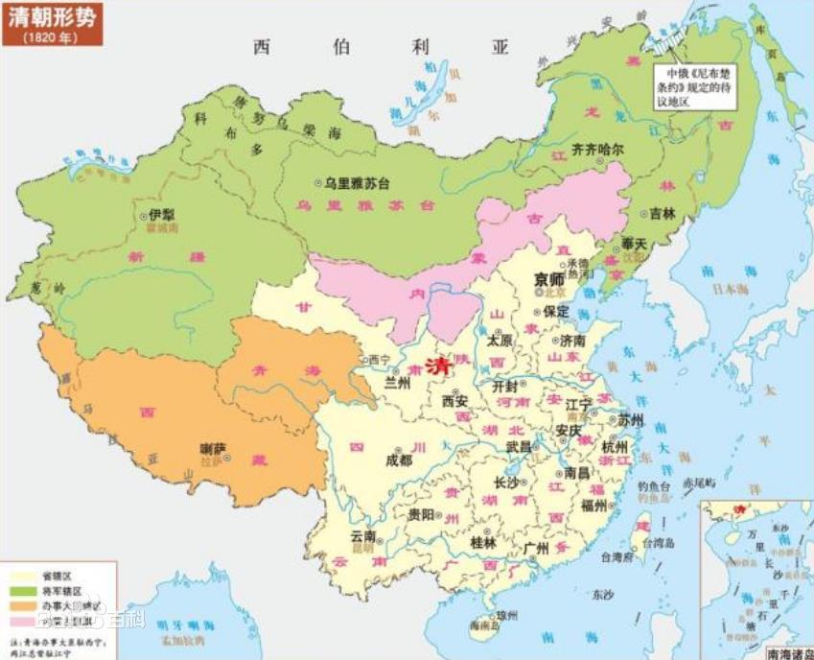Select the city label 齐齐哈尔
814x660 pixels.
click(x=597, y=150)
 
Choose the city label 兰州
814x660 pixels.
click(x=396, y=383)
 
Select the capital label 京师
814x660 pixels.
click(x=548, y=277)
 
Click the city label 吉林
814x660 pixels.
click(x=663, y=214)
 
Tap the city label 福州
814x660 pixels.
click(x=593, y=505)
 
